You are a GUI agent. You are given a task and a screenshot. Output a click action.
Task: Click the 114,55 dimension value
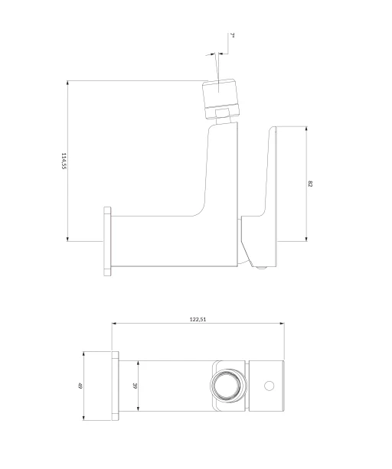point(64,161)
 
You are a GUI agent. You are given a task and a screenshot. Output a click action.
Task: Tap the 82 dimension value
point(310,184)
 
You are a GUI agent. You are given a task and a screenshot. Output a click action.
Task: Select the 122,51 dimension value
point(198,319)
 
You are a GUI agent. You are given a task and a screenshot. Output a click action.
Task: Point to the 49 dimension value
point(80,386)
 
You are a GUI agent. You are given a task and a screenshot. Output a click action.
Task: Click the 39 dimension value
point(135,386)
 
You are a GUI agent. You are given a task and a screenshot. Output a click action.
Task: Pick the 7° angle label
point(232,35)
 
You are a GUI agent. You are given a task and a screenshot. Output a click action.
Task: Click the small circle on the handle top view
point(269,386)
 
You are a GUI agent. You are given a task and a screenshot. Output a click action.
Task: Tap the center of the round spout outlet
point(228,386)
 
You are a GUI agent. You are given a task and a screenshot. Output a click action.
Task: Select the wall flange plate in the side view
point(107,241)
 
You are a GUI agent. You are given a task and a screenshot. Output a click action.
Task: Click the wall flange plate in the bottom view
point(115,386)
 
